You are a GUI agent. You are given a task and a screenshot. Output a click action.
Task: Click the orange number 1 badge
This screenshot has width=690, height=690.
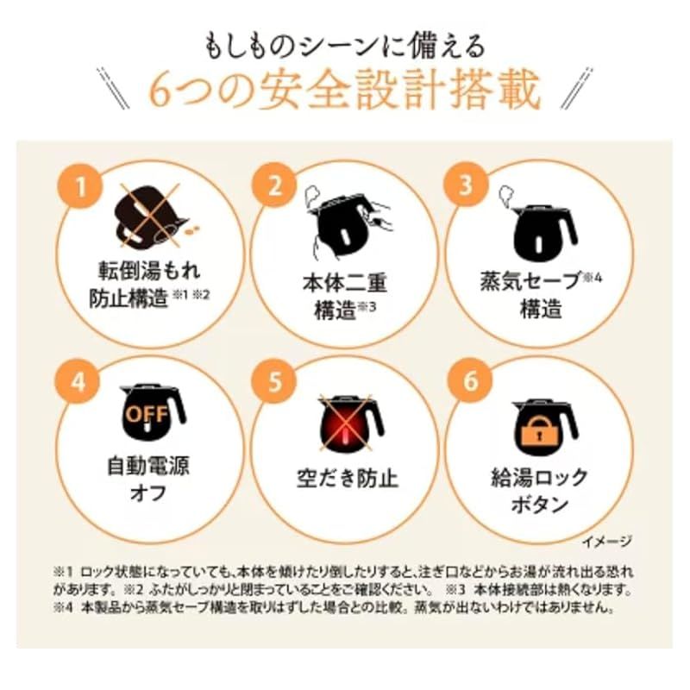coord(80,186)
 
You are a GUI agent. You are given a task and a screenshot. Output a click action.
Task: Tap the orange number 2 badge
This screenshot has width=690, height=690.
coord(274,185)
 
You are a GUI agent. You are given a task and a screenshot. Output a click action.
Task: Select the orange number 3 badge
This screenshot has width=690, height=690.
coord(466,184)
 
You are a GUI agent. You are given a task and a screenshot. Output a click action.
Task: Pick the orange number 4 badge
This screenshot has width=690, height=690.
coord(78,381)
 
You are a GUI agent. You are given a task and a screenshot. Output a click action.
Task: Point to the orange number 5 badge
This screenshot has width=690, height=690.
coord(274,381)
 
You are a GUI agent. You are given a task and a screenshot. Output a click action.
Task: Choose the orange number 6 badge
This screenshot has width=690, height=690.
coord(470,379)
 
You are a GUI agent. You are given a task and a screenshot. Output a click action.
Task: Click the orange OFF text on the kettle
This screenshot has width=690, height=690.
coord(147,415)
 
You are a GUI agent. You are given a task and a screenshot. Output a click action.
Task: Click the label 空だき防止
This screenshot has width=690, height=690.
coord(348,479)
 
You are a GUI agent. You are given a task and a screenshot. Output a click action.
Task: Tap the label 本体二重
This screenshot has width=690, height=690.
coord(344,283)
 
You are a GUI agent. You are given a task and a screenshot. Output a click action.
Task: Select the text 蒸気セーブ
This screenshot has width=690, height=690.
coord(530,279)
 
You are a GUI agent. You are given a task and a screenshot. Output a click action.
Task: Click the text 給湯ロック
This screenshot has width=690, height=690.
coord(539,478)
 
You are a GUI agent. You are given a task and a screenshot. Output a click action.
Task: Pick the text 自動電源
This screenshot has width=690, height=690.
coord(148,466)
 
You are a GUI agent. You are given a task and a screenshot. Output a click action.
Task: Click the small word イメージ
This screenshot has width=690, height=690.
coord(607,542)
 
